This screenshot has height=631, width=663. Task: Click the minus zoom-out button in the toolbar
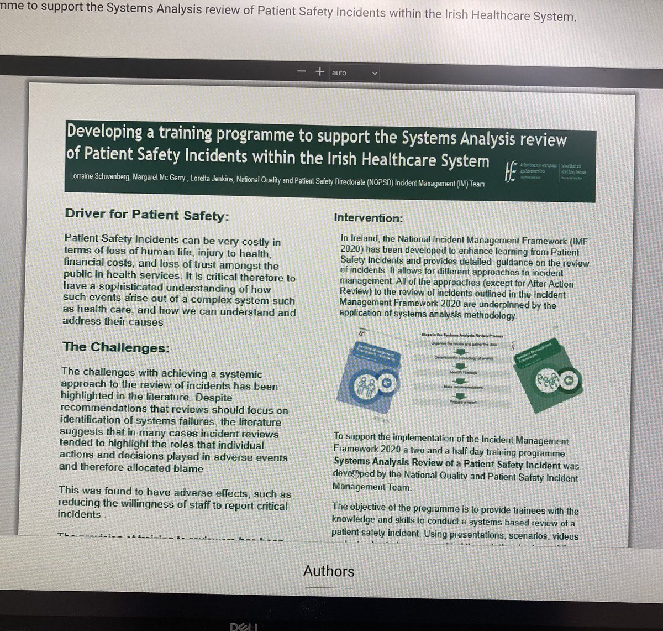pyautogui.click(x=301, y=72)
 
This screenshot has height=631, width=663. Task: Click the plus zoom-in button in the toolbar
pyautogui.click(x=319, y=71)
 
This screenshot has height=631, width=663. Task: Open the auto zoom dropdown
pyautogui.click(x=355, y=72)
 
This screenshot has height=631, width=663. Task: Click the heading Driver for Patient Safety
pyautogui.click(x=146, y=215)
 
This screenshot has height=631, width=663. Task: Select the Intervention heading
pyautogui.click(x=369, y=218)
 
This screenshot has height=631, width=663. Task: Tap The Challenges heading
pyautogui.click(x=116, y=347)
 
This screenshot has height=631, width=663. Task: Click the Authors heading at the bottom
pyautogui.click(x=329, y=571)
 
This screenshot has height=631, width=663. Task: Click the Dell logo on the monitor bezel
pyautogui.click(x=243, y=626)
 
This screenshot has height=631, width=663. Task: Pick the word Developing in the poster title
pyautogui.click(x=105, y=133)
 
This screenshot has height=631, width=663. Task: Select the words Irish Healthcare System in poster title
pyautogui.click(x=426, y=160)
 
